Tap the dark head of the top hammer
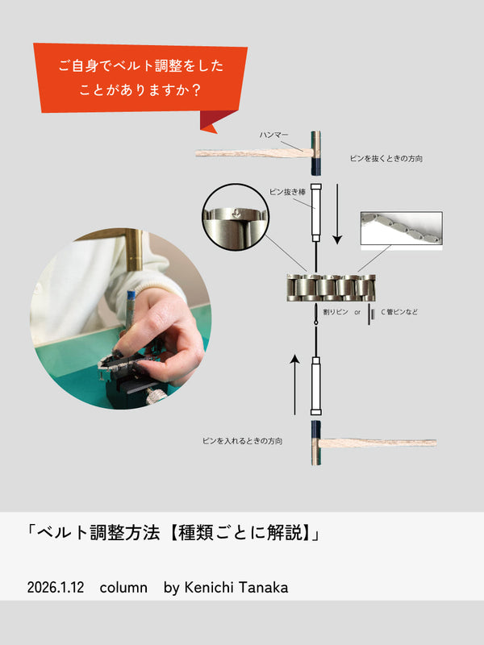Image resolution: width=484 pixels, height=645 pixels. (x=314, y=154)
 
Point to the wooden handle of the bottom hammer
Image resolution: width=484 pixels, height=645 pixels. (x=379, y=443)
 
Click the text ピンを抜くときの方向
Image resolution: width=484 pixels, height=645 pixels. (x=386, y=159)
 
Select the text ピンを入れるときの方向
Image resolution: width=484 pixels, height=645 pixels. (x=242, y=441)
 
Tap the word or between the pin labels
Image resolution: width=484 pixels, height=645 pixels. (x=357, y=311)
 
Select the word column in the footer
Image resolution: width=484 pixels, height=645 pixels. (x=123, y=588)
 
